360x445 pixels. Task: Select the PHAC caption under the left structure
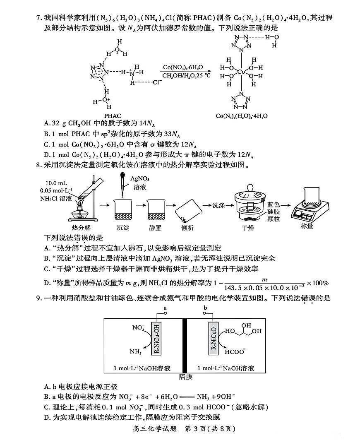click(x=113, y=115)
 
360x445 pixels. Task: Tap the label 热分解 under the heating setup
click(x=81, y=227)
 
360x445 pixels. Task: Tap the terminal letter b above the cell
click(x=206, y=308)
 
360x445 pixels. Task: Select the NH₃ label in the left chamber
click(x=135, y=352)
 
